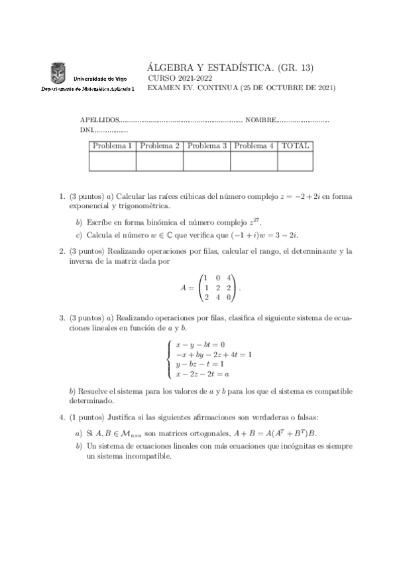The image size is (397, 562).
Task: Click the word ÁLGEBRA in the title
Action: [172, 67]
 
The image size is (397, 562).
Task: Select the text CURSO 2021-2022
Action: [174, 78]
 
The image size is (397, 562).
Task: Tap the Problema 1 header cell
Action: [113, 146]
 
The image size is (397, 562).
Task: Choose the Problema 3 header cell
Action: [207, 146]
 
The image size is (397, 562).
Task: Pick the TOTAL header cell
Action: [295, 146]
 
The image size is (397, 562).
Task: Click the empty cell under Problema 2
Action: [160, 161]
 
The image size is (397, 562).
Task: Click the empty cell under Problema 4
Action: [254, 161]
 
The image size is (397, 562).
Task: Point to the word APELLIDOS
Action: [99, 120]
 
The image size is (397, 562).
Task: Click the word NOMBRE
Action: [260, 120]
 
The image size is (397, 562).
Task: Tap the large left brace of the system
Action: [170, 359]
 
